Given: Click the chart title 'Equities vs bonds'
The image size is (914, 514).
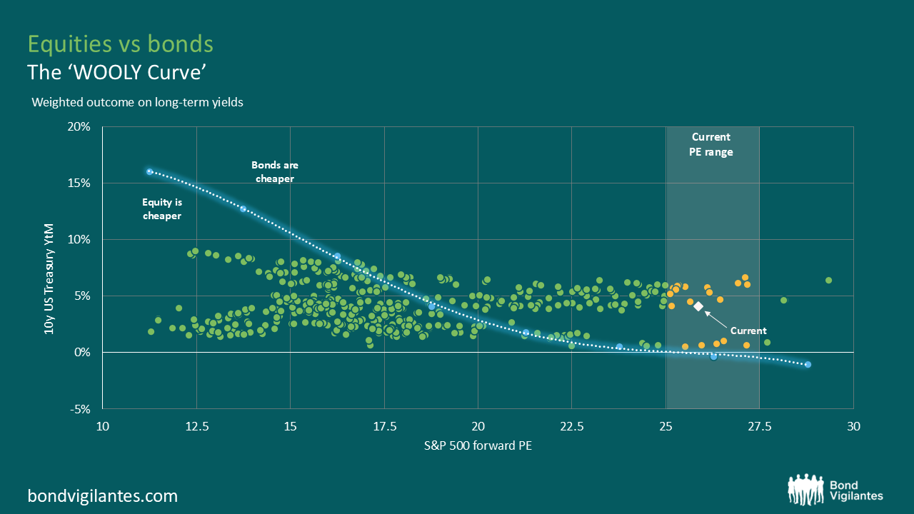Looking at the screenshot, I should [x=120, y=44].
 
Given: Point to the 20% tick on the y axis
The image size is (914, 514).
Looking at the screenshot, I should [x=80, y=127].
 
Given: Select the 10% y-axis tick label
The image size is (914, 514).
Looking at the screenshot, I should [x=80, y=240].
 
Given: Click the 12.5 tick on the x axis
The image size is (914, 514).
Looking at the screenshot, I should [x=196, y=427].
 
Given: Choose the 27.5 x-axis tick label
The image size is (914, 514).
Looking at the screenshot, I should [x=759, y=427].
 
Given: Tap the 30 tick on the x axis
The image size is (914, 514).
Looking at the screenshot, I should [x=853, y=427].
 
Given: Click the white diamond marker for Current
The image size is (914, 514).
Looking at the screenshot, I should [x=698, y=306].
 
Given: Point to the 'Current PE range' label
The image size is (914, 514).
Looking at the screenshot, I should [x=712, y=144].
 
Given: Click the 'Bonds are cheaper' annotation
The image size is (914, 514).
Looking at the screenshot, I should [x=275, y=172].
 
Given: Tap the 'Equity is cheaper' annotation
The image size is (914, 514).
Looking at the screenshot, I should [x=161, y=209].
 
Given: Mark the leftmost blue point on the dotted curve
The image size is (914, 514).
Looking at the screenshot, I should [x=149, y=171].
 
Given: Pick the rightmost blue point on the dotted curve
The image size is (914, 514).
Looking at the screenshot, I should [x=808, y=364].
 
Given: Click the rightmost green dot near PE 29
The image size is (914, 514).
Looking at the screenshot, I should [x=828, y=280].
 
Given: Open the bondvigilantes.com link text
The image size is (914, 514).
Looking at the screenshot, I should [x=102, y=495].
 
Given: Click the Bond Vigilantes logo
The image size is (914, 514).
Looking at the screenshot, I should [x=835, y=488].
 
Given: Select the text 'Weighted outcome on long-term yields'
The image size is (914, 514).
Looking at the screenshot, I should [x=137, y=102].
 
